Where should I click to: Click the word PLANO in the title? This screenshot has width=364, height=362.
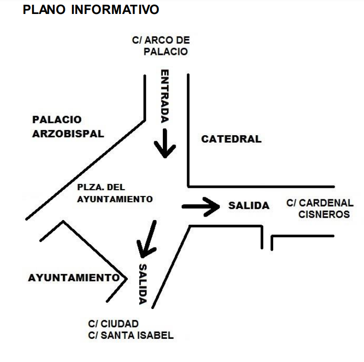pos(44,10)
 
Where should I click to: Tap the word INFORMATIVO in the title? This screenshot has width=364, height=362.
pos(115,10)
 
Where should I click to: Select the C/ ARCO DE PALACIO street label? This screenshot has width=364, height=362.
pos(161,46)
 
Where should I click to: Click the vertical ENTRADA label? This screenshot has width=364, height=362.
pos(165,96)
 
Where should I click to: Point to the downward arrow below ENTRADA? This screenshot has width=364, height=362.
pos(165,143)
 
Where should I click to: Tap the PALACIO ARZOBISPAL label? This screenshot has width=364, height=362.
pos(68,127)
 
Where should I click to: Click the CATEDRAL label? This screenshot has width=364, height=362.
pos(231,139)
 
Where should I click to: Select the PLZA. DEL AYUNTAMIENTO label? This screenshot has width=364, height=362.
pos(115,193)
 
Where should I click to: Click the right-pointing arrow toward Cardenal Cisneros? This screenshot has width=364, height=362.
pos(201,207)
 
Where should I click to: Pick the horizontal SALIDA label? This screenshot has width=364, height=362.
pos(249,206)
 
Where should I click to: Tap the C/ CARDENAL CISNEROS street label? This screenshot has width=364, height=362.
pos(320,209)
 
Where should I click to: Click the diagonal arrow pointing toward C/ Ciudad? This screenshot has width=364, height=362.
pos(147,239)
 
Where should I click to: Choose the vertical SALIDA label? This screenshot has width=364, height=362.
pos(143,284)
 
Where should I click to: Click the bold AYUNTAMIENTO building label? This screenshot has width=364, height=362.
pos(74,278)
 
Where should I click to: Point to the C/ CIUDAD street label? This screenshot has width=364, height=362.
pos(113,324)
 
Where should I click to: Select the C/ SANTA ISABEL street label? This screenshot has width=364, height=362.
pos(131,336)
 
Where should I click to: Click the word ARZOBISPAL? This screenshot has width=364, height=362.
pos(68,134)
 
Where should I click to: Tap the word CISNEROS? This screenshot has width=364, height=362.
pos(324,215)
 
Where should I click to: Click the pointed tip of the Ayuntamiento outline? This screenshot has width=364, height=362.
pos(127,278)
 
